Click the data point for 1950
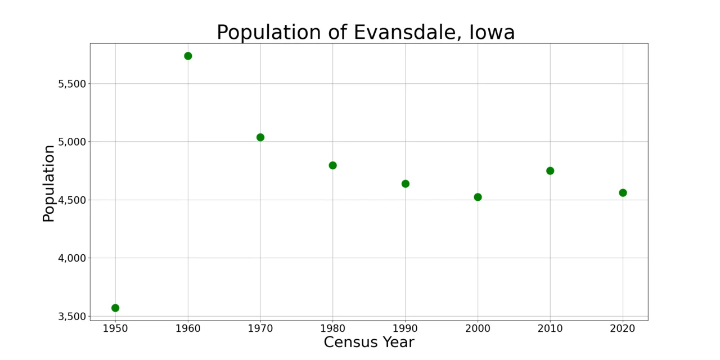point(115,308)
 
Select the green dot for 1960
point(188,56)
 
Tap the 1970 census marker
point(260,137)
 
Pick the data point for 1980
point(332,165)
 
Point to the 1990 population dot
point(406,184)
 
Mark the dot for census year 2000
point(478,197)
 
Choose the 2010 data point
point(550,171)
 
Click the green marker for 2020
point(623,193)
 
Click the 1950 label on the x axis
point(115,328)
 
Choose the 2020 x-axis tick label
point(623,328)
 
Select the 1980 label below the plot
point(332,328)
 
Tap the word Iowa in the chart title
point(494,33)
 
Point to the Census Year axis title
point(369,342)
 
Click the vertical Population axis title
point(49,183)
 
